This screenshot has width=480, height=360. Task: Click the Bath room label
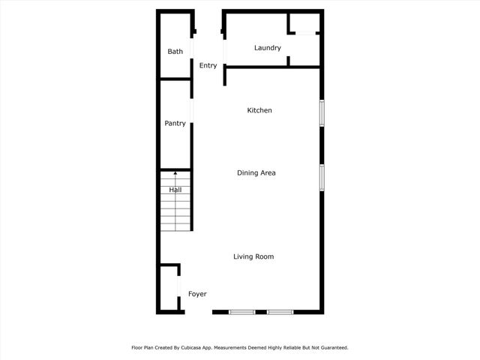point(175,52)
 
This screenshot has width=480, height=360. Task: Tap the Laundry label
point(268,48)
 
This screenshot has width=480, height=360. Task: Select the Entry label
point(208,66)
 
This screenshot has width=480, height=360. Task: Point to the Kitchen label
point(259,110)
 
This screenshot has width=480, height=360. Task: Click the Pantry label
point(175,123)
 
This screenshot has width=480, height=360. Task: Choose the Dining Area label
point(256,172)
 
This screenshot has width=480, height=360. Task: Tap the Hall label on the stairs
point(175,190)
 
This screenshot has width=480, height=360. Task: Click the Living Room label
point(253,256)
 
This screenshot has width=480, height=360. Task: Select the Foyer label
point(197,294)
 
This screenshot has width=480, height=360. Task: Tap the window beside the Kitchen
point(322,112)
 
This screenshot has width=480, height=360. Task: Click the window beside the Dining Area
point(322,177)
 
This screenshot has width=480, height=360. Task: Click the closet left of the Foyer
point(169,288)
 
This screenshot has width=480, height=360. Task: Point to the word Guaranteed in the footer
point(330,348)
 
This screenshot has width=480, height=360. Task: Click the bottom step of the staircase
point(175,226)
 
